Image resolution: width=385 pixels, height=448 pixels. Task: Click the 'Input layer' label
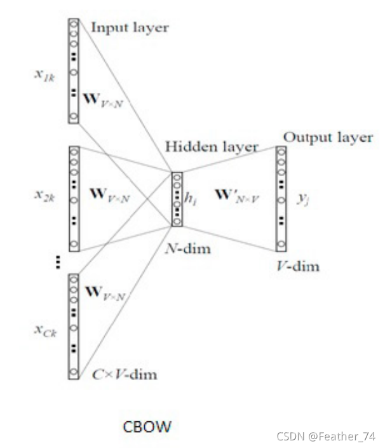[x=130, y=27]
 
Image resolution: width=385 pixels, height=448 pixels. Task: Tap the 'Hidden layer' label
[x=212, y=147]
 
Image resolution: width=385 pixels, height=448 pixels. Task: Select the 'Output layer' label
[x=328, y=137]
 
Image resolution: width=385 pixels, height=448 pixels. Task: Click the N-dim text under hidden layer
[x=189, y=248]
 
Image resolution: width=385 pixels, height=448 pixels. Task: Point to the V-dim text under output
[x=298, y=266]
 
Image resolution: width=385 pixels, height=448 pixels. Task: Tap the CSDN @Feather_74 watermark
[x=326, y=437]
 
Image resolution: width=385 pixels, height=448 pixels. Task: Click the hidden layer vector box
[x=177, y=199]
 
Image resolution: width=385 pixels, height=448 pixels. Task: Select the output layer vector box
[x=281, y=198]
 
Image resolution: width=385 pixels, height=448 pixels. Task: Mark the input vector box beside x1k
[x=74, y=70]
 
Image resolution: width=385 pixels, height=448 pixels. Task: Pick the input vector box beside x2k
[x=74, y=198]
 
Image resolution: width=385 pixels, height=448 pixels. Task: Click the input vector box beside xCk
[x=74, y=327]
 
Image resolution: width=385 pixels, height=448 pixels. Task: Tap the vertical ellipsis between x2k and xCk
[x=58, y=262]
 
